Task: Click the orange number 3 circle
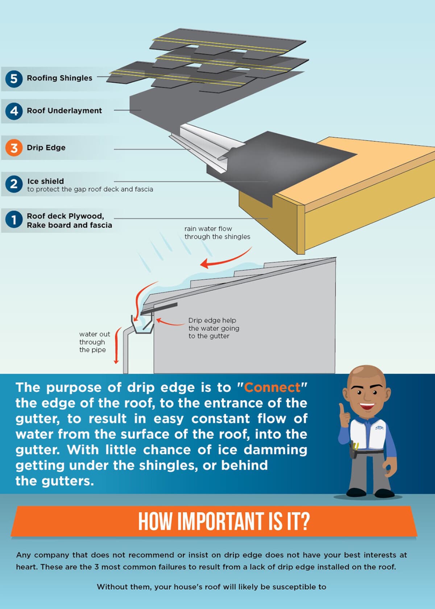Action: pyautogui.click(x=14, y=148)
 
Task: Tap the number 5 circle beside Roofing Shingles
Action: pyautogui.click(x=14, y=79)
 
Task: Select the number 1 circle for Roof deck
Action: pyautogui.click(x=14, y=219)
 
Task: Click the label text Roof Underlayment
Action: pyautogui.click(x=64, y=111)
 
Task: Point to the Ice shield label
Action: pyautogui.click(x=45, y=181)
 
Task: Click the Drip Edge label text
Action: pyautogui.click(x=46, y=148)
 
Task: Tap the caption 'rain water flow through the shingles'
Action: pyautogui.click(x=217, y=233)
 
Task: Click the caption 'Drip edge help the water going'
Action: pyautogui.click(x=214, y=324)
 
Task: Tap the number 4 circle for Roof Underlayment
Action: pyautogui.click(x=14, y=111)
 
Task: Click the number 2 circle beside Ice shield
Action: pyautogui.click(x=14, y=184)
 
